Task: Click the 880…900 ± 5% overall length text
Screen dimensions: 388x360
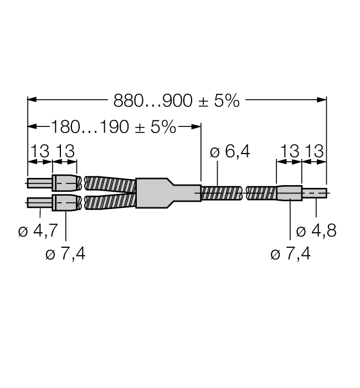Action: click(x=177, y=100)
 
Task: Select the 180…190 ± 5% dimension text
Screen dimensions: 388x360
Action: click(x=114, y=127)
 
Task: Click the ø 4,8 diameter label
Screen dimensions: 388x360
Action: click(x=316, y=231)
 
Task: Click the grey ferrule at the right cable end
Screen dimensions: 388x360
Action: click(x=289, y=193)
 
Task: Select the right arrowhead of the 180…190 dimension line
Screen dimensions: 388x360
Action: click(x=197, y=127)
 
